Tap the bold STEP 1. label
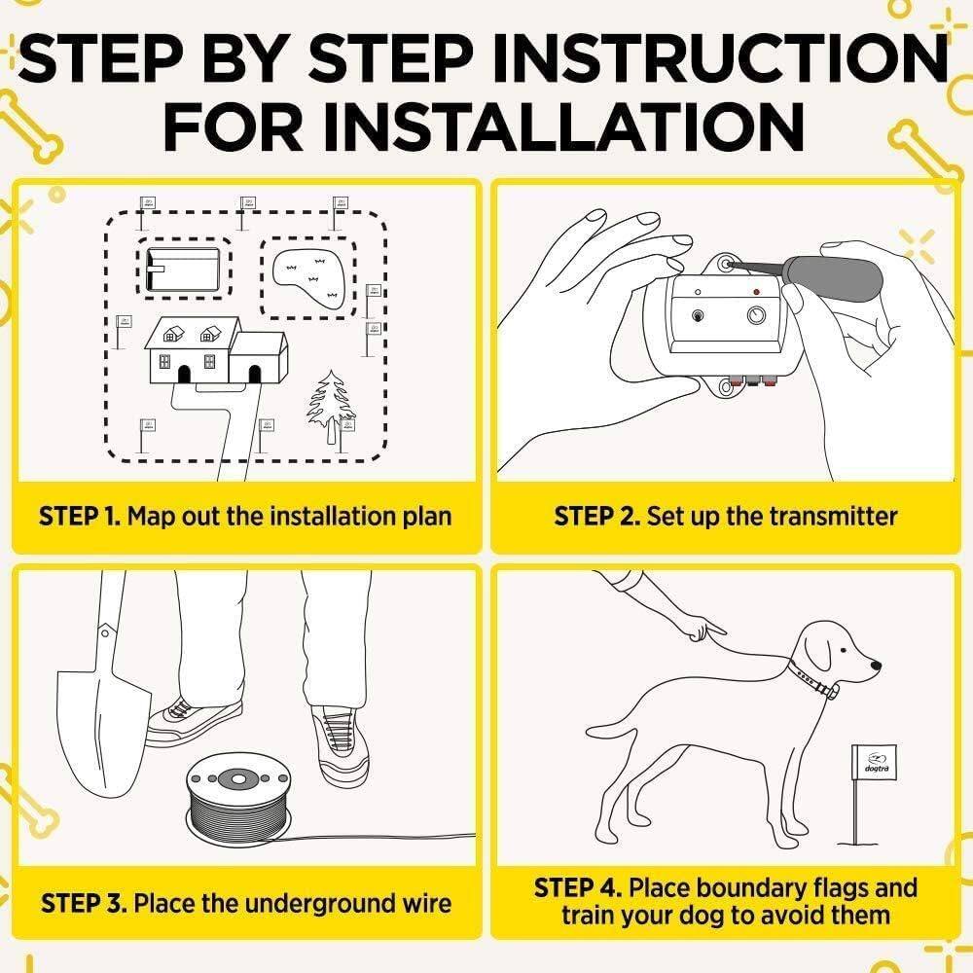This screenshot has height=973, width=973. click(80, 516)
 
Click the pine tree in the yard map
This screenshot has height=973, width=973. click(329, 407)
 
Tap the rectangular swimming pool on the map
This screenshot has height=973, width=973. click(183, 268)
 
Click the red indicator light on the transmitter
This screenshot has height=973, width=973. click(756, 291)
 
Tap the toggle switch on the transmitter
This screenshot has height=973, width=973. click(698, 315)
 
